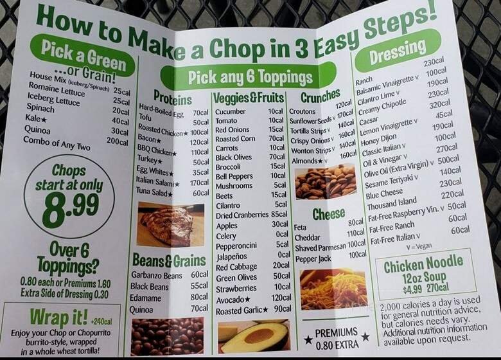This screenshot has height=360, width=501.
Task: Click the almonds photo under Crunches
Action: coord(325,182)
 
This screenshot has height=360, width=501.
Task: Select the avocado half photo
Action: coord(254,336)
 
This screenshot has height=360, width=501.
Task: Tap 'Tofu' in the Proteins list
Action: coord(145,117)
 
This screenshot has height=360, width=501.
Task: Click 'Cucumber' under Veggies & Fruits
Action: coord(230,111)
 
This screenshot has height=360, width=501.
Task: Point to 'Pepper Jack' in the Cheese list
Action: coord(313,259)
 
